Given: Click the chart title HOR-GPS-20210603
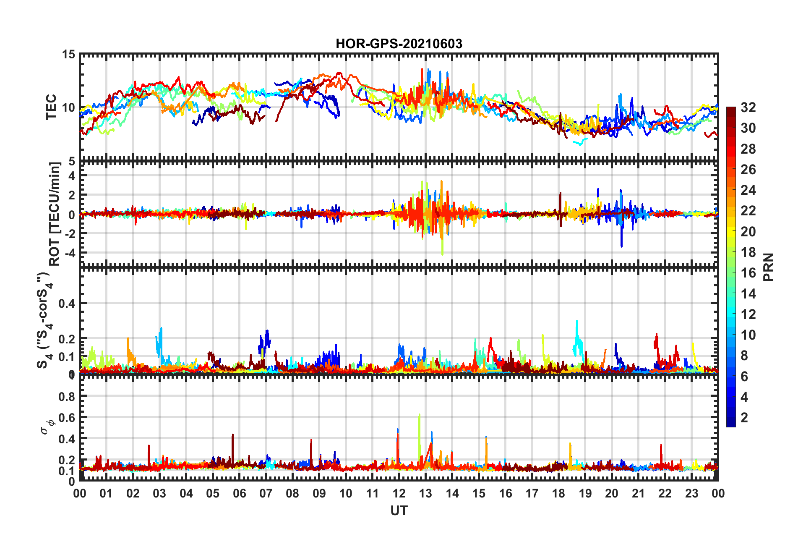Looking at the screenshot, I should click(x=399, y=44).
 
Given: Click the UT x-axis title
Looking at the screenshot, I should click(x=399, y=510).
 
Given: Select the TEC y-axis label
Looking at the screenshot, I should click(x=51, y=107).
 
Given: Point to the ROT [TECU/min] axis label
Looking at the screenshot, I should click(x=55, y=214).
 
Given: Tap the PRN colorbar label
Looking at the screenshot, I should click(x=769, y=267).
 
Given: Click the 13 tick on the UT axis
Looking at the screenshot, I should click(x=425, y=493).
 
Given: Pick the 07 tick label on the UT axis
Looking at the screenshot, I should click(x=266, y=493).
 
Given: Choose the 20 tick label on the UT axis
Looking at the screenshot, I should click(x=612, y=493).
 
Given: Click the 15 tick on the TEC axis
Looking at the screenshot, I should click(x=68, y=55).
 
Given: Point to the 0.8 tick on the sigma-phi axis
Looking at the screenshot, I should click(x=67, y=396).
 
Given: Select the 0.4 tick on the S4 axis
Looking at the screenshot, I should click(x=67, y=303).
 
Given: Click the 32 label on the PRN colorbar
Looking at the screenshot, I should click(x=748, y=107).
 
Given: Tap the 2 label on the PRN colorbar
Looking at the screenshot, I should click(x=745, y=418).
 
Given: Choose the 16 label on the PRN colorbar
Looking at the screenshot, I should click(x=748, y=273).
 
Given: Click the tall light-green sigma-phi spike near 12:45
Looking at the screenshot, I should click(x=419, y=416).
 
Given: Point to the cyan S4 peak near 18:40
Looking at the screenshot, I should click(x=577, y=322).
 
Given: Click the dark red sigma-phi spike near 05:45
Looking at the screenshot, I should click(x=233, y=435).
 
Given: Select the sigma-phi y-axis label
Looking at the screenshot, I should click(x=48, y=426).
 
